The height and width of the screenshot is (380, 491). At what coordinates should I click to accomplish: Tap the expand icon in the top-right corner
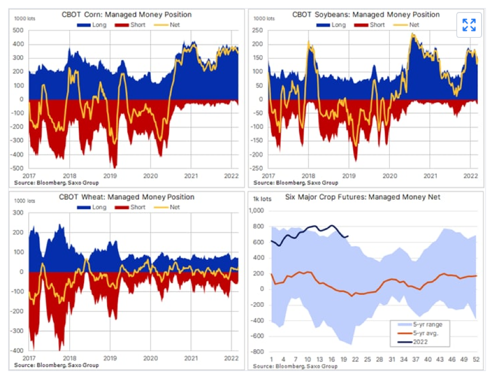(x=469, y=25)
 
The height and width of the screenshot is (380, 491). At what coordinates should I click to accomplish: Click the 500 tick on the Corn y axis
(x=17, y=30)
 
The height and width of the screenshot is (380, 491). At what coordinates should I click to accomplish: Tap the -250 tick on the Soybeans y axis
(x=257, y=168)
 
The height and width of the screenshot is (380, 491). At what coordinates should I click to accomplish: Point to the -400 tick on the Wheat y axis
(x=17, y=351)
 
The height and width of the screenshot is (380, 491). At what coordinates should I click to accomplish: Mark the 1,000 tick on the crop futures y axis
(x=257, y=211)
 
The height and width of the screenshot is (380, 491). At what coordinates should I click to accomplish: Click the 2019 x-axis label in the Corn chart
(x=110, y=176)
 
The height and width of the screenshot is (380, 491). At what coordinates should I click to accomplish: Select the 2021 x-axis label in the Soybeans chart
(x=430, y=176)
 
